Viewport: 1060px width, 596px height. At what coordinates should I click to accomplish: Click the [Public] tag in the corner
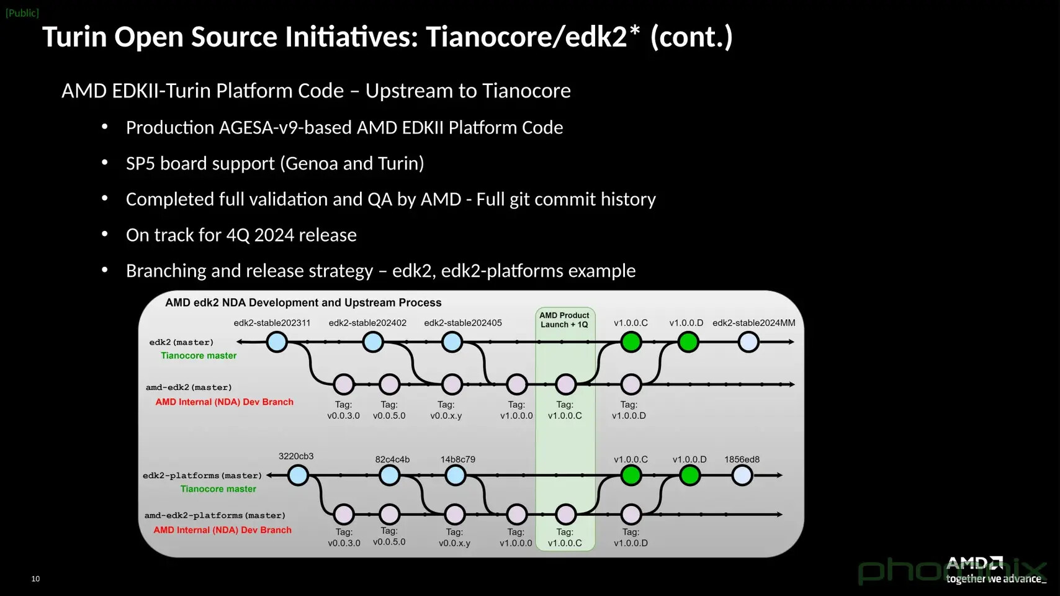coord(22,13)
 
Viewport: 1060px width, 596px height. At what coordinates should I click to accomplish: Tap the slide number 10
coord(35,579)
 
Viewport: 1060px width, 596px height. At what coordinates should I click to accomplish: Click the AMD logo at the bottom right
coord(974,563)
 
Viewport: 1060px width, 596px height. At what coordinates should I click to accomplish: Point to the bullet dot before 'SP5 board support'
coord(105,163)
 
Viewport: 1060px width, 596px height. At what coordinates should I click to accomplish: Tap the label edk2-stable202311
coord(272,323)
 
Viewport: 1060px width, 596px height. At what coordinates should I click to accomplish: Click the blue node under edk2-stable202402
coord(373,342)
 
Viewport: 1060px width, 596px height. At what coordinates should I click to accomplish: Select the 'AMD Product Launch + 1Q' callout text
coord(564,320)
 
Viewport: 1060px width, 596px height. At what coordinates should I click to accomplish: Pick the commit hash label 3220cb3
coord(296,456)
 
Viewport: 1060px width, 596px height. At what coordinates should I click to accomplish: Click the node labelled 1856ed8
coord(742,476)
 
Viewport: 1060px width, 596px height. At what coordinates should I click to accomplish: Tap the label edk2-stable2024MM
coord(754,323)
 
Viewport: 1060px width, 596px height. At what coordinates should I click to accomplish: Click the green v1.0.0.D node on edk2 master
coord(688,342)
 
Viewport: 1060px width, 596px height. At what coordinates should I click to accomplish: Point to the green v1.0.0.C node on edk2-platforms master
coord(631,476)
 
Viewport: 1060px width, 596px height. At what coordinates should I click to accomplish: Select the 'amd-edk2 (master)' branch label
coord(189,387)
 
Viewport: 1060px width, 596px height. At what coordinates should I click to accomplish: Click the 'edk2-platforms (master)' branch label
coord(202,476)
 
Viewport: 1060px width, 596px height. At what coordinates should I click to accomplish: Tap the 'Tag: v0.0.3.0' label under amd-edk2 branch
coord(344,410)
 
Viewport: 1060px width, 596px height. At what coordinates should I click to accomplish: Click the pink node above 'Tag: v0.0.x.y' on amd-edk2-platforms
coord(455,514)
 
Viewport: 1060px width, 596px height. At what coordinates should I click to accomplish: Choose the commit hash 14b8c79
coord(457,459)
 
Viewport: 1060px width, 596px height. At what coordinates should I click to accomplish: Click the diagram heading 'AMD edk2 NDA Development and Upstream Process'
coord(303,302)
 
